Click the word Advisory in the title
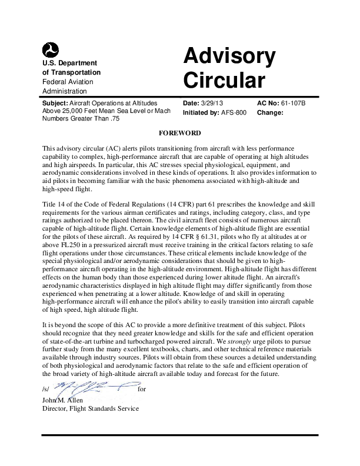(x=229, y=56)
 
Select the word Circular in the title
(x=224, y=79)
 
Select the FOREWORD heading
(x=180, y=133)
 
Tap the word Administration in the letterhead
(x=65, y=91)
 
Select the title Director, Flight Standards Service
(x=91, y=408)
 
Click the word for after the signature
(x=141, y=390)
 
